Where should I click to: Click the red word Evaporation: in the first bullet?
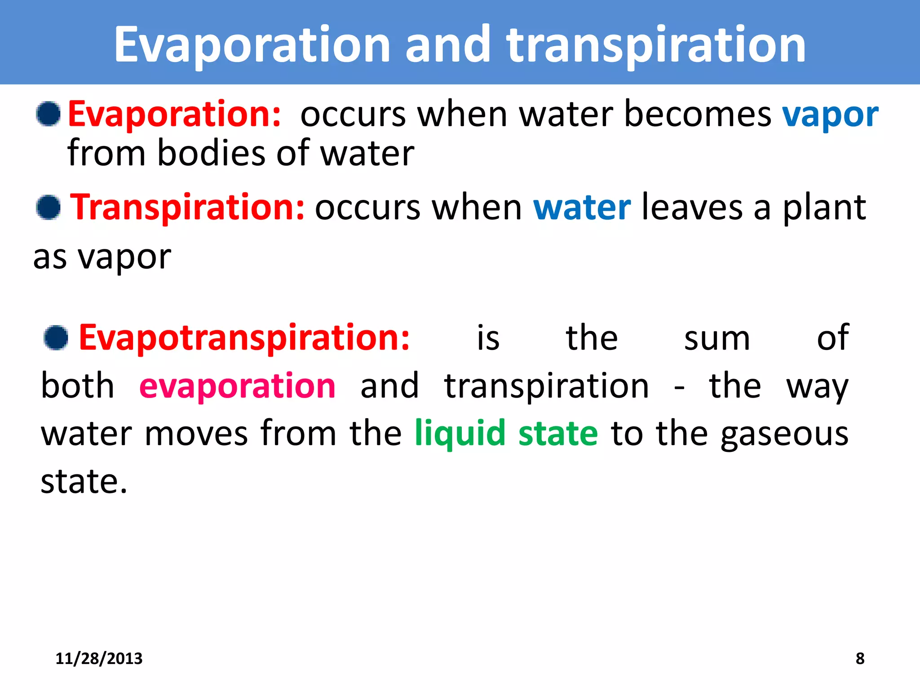(174, 115)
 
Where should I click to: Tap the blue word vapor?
(830, 116)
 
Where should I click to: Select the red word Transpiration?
(188, 208)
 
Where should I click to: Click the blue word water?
(582, 208)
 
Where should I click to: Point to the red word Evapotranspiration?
(244, 338)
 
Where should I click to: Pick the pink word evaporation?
(237, 386)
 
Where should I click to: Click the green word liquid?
(460, 433)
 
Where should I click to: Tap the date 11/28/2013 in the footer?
(99, 659)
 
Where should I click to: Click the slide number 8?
(860, 659)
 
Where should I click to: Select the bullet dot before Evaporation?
(49, 114)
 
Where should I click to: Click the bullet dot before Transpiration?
(49, 208)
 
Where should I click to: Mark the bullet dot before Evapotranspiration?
(56, 338)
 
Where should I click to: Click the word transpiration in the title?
(656, 45)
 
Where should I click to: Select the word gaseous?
(784, 434)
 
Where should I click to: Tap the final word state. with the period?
(84, 482)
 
